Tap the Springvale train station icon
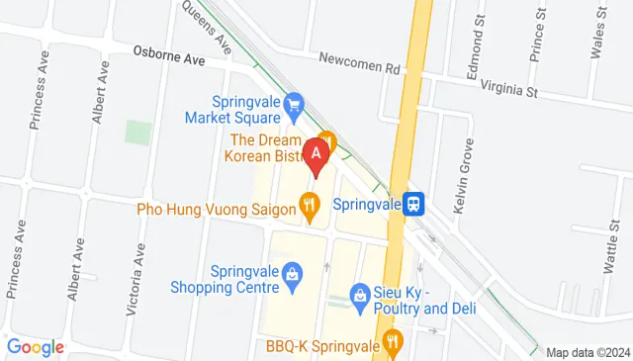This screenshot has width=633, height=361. [416, 204]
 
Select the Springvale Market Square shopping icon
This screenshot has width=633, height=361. [293, 102]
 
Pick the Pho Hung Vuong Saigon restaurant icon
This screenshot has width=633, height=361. [310, 207]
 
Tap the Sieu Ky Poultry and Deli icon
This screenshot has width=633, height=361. [360, 295]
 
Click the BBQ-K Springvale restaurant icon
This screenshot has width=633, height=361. [393, 343]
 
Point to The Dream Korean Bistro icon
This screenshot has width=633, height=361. [327, 143]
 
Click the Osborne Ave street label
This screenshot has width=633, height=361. [169, 58]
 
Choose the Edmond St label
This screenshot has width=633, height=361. [478, 39]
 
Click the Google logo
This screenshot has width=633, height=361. [35, 347]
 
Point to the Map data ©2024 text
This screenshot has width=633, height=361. [588, 352]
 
